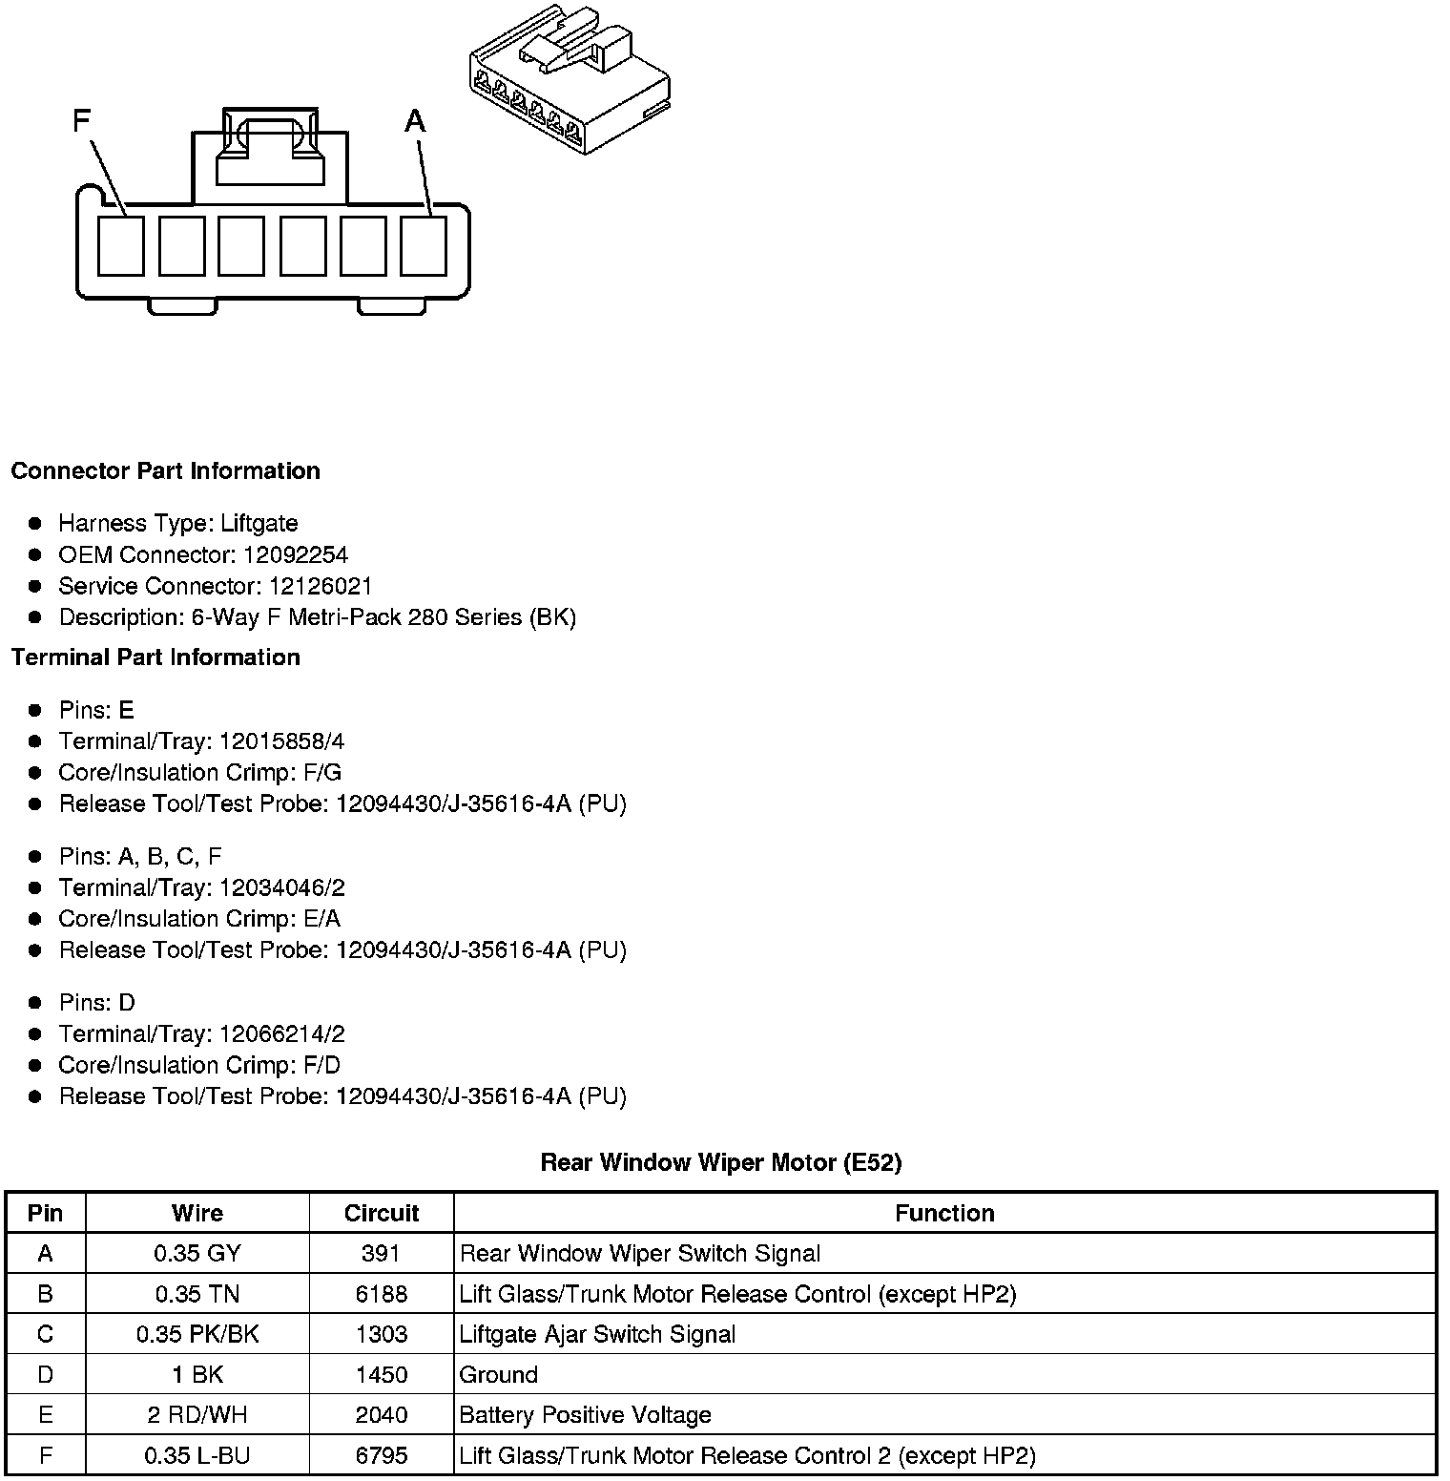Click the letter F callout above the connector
[82, 120]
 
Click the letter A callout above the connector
[415, 121]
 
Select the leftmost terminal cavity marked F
[121, 246]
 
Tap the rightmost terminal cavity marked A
[424, 246]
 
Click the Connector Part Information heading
[165, 471]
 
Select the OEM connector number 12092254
[296, 555]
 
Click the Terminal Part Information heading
[155, 657]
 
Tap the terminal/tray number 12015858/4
[282, 741]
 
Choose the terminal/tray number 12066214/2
[282, 1034]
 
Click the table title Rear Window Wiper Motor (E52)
[721, 1162]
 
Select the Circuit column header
[382, 1213]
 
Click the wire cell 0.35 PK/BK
[197, 1334]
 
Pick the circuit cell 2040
[382, 1415]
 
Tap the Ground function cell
[499, 1375]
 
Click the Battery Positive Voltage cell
[585, 1415]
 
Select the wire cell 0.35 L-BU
[197, 1456]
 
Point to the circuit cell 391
[382, 1254]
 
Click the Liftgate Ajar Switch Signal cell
[597, 1334]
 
